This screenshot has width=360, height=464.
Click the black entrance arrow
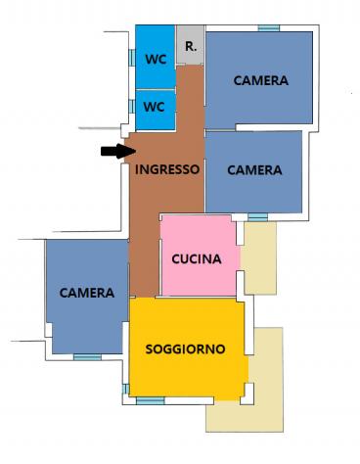[x=118, y=151]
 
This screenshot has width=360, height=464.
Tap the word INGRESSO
[x=167, y=169]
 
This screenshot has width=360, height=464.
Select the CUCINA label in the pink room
[x=197, y=259]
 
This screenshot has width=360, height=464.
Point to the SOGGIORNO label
[x=185, y=349]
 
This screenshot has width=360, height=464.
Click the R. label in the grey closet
[x=191, y=46]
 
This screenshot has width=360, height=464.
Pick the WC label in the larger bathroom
[x=156, y=60]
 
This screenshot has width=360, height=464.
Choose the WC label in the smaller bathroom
[x=154, y=107]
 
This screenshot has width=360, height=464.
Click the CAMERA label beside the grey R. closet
[x=261, y=80]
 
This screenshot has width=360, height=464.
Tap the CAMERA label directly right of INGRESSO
[x=254, y=170]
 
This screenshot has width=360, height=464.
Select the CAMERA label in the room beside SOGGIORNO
[x=87, y=293]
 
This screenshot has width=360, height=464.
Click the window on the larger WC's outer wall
[x=132, y=58]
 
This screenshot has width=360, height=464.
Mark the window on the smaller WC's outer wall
[x=132, y=107]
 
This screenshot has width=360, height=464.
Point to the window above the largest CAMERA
[x=269, y=28]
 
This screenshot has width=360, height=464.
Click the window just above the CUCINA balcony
[x=257, y=217]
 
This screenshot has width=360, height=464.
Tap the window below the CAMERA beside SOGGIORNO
[x=87, y=357]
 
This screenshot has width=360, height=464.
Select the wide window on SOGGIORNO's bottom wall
[x=151, y=400]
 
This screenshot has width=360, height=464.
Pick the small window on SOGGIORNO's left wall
[x=125, y=389]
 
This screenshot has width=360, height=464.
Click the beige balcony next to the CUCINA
[x=260, y=258]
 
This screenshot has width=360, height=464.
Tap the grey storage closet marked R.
[x=191, y=45]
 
